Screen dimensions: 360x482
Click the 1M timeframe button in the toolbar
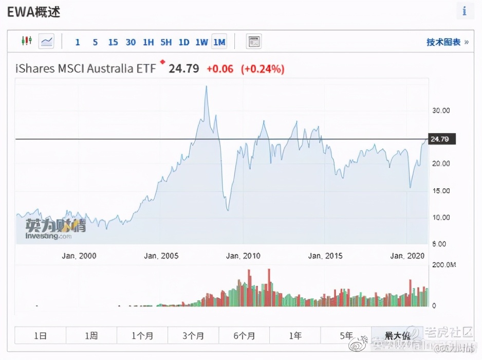click(219, 42)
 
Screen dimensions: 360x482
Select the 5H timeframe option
click(166, 42)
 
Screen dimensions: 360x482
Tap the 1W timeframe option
click(201, 42)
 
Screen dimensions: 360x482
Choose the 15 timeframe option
click(113, 42)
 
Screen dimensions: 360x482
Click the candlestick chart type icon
click(27, 41)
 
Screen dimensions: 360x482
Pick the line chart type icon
click(47, 41)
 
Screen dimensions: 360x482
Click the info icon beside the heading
click(465, 11)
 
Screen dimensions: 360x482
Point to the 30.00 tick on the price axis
click(441, 111)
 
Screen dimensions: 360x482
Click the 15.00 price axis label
click(441, 191)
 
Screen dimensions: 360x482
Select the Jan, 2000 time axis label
click(79, 256)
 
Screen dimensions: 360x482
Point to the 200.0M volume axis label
click(444, 265)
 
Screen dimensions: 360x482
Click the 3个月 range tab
click(193, 336)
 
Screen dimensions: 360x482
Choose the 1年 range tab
click(295, 336)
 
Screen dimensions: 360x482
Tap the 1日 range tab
click(40, 336)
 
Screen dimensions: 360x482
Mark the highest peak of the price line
click(206, 86)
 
